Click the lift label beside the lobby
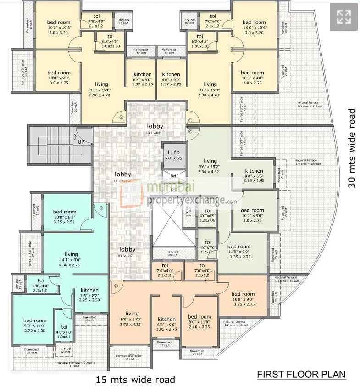click(x=173, y=152)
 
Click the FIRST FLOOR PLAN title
click(x=301, y=374)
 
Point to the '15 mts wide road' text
click(x=135, y=380)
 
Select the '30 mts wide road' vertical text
click(x=352, y=148)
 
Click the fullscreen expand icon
click(x=343, y=17)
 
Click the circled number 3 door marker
click(x=116, y=286)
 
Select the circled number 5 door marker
click(x=121, y=117)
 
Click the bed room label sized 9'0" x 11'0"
click(x=35, y=320)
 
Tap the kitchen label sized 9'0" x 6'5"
click(x=254, y=171)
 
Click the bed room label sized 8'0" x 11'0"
click(x=199, y=317)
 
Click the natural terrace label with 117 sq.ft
click(x=310, y=104)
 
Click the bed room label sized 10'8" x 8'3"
click(x=65, y=212)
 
